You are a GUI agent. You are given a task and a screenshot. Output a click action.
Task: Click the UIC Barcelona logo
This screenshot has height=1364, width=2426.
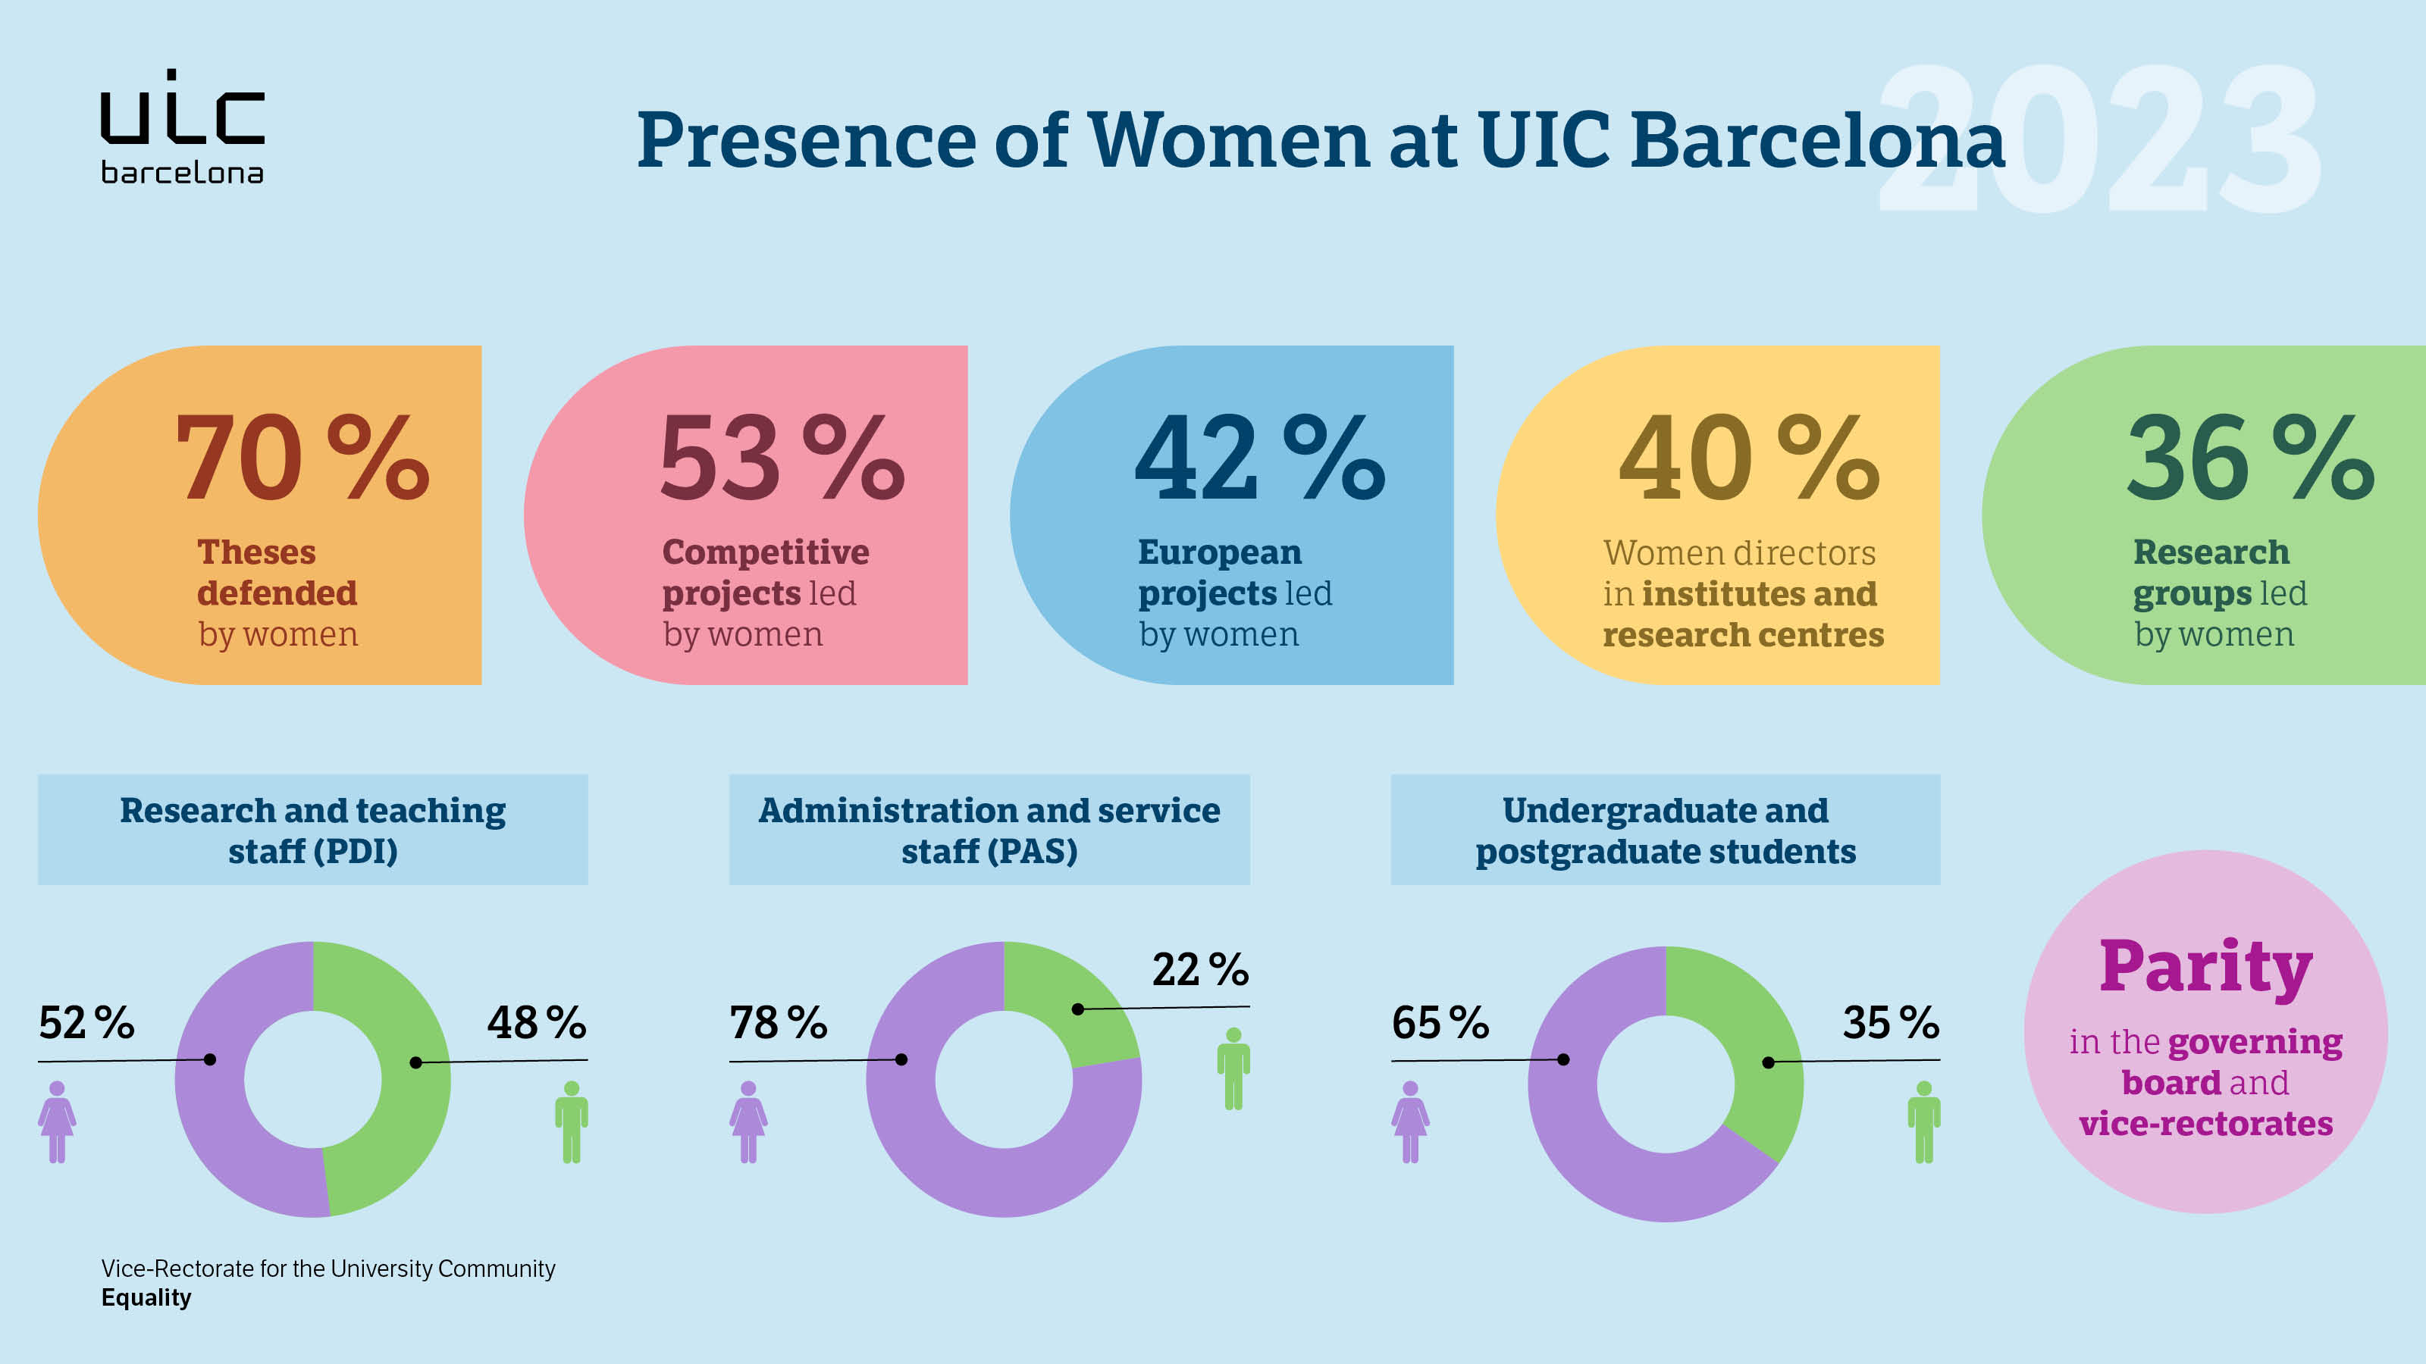(182, 127)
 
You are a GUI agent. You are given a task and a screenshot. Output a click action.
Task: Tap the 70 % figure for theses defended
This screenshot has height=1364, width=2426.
(302, 458)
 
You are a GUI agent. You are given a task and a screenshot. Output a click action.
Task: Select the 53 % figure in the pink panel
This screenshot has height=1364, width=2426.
(782, 458)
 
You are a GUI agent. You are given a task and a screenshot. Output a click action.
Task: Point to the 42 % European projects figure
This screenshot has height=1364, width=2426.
(1259, 458)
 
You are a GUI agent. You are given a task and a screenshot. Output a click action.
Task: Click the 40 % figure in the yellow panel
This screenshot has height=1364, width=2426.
(1748, 458)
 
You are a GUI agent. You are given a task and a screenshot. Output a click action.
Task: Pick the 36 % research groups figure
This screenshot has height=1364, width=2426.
(2249, 458)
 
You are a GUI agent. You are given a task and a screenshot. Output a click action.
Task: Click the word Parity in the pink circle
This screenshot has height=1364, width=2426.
(2205, 967)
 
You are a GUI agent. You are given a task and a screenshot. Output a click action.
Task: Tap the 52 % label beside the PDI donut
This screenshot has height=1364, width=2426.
(86, 1023)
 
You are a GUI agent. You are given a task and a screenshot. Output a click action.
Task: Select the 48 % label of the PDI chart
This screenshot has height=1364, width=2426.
(536, 1023)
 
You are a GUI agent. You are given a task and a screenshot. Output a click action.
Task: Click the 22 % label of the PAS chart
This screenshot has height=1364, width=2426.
(1200, 970)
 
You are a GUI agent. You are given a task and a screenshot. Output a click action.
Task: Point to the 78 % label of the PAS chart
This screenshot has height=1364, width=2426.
(778, 1023)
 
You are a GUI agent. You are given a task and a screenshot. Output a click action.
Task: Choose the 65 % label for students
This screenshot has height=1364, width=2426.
(1440, 1023)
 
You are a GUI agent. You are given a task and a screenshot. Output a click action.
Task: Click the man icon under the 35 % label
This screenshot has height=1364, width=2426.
(1923, 1122)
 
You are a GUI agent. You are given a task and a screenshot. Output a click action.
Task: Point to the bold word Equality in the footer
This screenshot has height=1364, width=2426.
(146, 1298)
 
